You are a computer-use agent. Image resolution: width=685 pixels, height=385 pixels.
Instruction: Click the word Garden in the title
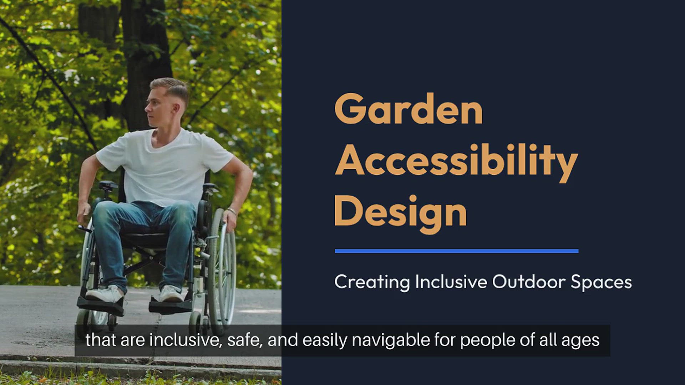(x=409, y=108)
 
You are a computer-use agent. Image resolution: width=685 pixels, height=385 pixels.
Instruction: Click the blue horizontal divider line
(x=457, y=251)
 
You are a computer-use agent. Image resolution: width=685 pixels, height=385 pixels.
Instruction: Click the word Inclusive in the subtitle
(x=451, y=282)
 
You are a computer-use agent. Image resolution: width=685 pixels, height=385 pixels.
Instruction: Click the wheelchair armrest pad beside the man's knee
(x=108, y=185)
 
